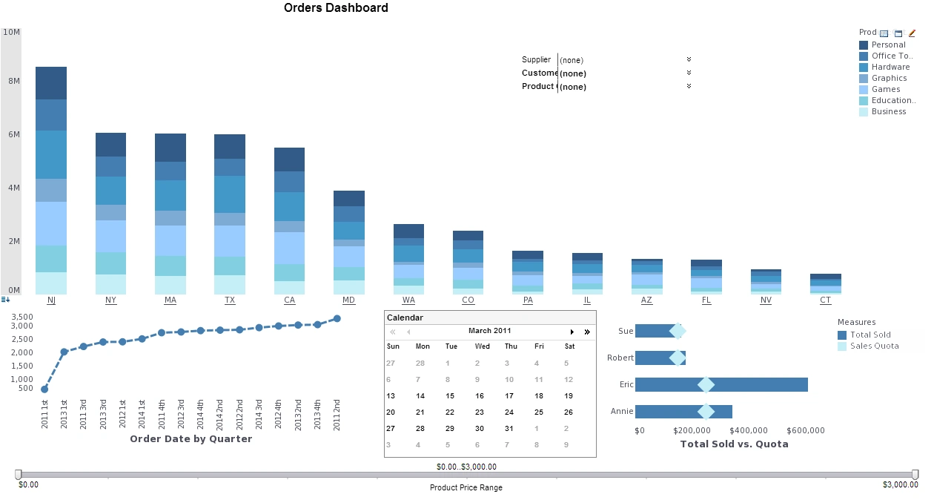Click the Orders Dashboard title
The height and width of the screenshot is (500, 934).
336,8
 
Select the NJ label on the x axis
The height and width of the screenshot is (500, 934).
51,300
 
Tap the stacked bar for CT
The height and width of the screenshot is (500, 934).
825,284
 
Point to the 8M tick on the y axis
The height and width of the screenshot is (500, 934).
13,81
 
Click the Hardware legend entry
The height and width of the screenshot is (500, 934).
890,67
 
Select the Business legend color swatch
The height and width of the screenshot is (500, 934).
864,112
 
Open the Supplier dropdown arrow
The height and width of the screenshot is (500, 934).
689,59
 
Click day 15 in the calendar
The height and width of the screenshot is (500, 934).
450,396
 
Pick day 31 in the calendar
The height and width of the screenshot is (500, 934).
509,429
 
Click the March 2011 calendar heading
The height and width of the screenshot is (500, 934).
489,332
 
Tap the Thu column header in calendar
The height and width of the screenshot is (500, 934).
511,346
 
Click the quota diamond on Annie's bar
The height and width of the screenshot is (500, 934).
706,411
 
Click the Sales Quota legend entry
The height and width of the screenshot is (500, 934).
874,346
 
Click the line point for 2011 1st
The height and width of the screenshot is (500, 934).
44,389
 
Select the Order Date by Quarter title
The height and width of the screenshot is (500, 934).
191,438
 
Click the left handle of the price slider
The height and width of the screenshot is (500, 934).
19,474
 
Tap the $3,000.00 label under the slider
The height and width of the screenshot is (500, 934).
900,484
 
